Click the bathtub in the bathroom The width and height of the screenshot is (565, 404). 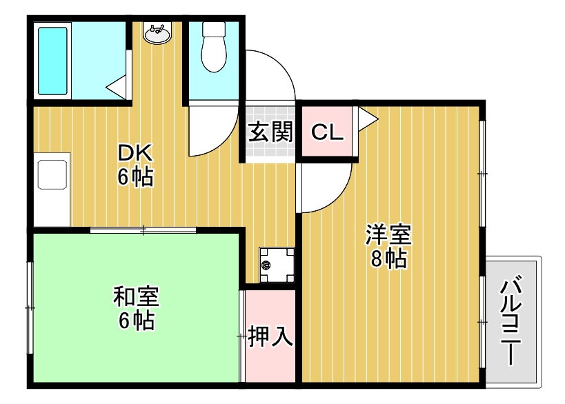click(x=53, y=61)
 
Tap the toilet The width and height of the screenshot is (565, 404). click(x=214, y=47)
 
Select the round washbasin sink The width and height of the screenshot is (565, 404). click(x=158, y=34)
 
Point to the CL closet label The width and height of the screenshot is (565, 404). click(x=327, y=131)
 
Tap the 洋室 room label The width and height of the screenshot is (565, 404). click(x=388, y=235)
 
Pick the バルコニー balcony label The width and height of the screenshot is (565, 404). click(x=512, y=321)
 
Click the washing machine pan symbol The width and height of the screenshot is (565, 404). click(x=277, y=265)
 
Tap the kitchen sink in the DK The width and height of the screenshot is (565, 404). click(x=53, y=174)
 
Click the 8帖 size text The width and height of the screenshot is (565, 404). click(x=388, y=259)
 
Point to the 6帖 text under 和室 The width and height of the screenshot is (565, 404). click(x=135, y=320)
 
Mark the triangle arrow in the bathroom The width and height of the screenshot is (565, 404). click(x=116, y=88)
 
